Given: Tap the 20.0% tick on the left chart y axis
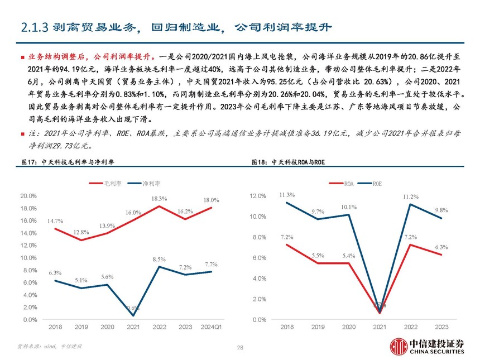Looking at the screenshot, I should (28, 196).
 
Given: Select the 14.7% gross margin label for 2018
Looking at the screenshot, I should (55, 221).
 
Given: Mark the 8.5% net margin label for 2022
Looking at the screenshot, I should (159, 260).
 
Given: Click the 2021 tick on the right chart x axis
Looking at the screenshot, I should (380, 327).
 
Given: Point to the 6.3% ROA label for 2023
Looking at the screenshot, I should (441, 247).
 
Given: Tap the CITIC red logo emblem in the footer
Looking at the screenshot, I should (398, 346).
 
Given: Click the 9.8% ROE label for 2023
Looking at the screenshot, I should (441, 210).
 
